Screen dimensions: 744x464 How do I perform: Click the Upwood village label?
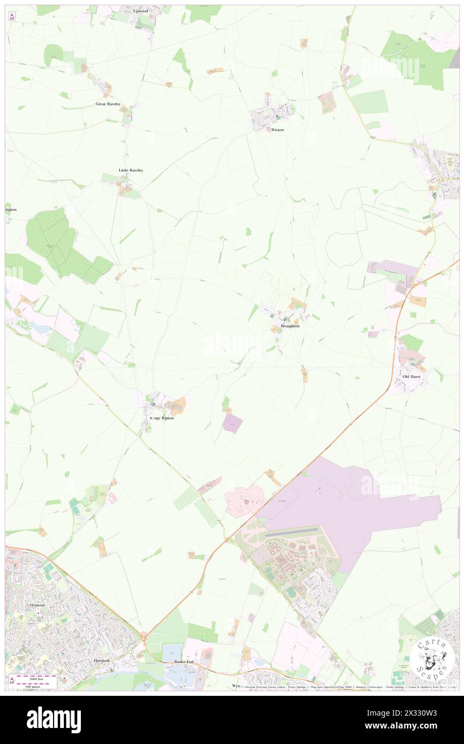(140, 11)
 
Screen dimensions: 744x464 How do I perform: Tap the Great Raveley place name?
(108, 104)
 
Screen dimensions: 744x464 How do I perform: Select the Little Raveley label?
(131, 170)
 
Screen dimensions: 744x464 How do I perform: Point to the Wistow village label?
(278, 130)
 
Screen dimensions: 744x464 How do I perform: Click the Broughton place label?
(290, 326)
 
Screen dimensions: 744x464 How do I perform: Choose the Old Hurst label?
(411, 377)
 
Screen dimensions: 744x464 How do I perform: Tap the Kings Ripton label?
(162, 418)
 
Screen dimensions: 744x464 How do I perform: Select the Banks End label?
(185, 662)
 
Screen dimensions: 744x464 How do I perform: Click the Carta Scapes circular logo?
(432, 658)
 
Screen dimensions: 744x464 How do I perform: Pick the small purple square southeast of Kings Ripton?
(232, 423)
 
